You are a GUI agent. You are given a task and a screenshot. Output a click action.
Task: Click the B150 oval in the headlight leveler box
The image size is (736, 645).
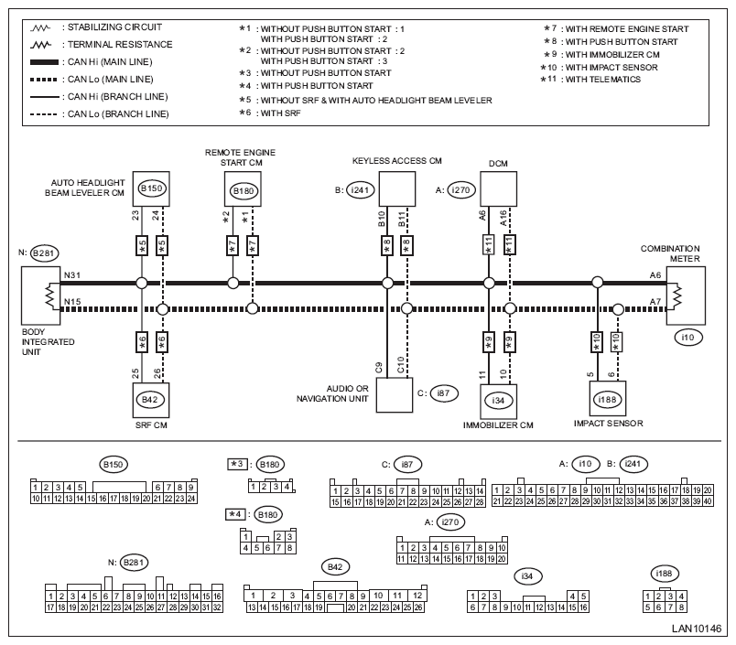click(x=151, y=188)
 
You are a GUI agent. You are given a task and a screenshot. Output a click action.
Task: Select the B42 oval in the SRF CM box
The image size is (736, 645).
click(x=150, y=400)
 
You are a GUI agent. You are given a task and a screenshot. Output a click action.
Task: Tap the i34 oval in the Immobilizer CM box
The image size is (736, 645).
click(x=498, y=401)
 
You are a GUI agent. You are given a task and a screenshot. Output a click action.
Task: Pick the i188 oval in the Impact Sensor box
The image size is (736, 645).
click(x=608, y=400)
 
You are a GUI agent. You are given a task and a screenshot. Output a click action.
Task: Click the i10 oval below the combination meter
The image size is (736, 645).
click(x=687, y=338)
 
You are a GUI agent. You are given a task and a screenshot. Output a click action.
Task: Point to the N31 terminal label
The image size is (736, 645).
click(x=71, y=275)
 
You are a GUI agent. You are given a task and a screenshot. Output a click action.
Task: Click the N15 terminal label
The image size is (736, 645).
click(x=71, y=302)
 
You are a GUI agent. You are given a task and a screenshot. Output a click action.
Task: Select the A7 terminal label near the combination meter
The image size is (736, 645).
click(x=655, y=302)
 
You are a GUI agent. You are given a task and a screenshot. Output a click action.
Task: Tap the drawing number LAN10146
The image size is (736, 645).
click(x=696, y=629)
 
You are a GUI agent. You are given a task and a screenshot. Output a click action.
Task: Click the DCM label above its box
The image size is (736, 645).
click(x=498, y=164)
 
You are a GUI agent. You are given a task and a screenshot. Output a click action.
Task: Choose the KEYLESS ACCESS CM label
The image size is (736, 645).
click(x=397, y=161)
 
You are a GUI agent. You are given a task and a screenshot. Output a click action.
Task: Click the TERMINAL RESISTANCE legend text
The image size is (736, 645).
click(x=120, y=45)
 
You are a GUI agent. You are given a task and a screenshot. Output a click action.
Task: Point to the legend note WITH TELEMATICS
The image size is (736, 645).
click(x=602, y=80)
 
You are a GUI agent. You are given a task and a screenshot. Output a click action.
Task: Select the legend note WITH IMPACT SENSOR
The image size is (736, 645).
click(x=612, y=67)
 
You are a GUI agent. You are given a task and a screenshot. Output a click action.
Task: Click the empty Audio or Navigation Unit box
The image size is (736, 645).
click(x=395, y=395)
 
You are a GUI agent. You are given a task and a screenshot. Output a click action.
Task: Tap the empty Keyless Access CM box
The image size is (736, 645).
click(x=397, y=189)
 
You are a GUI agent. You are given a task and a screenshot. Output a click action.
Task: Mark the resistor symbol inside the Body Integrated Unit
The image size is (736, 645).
click(x=50, y=296)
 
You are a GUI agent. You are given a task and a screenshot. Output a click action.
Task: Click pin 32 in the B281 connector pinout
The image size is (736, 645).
click(x=217, y=607)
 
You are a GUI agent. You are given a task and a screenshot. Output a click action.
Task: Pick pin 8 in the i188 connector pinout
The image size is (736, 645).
click(x=681, y=607)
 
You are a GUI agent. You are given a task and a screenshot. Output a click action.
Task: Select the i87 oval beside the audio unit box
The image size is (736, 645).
click(x=443, y=393)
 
